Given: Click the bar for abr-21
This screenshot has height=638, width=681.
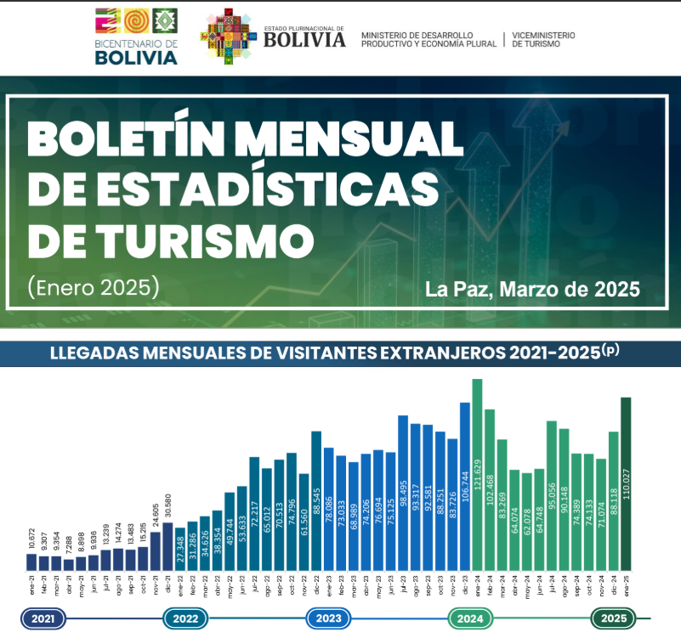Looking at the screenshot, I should tap(69, 563).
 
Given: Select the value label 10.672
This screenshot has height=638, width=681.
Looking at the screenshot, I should tap(31, 537).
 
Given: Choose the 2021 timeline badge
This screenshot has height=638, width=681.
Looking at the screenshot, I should tap(43, 619).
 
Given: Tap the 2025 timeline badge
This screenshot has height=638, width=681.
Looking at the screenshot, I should tap(614, 619).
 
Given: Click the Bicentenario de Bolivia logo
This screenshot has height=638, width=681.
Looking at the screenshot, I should tap(136, 37).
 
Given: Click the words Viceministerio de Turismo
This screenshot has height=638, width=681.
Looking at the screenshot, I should tap(543, 39).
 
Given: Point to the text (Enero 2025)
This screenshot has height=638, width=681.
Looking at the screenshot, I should tap(94, 286).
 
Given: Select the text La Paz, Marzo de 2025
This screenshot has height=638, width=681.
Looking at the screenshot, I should tap(532, 289).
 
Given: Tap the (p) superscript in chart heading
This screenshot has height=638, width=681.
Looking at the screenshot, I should tap(610, 347).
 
